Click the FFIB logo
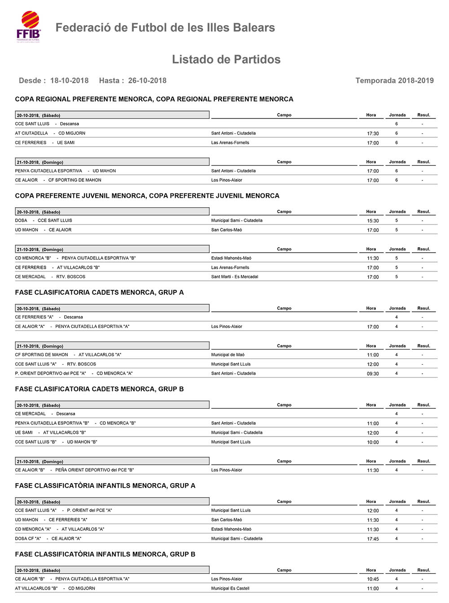(29, 27)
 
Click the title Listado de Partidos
(226, 60)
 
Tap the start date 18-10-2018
(69, 81)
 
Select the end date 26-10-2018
(147, 81)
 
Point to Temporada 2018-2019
(394, 81)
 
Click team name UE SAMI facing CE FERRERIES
(66, 143)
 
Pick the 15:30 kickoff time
(373, 221)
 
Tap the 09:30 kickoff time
(373, 374)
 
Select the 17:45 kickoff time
(373, 539)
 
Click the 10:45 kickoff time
(373, 579)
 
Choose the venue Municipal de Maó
(228, 355)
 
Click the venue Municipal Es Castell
(230, 589)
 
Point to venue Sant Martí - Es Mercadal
(235, 277)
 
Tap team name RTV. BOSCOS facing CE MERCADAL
(71, 277)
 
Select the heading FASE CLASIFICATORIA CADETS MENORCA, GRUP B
(99, 389)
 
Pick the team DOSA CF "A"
(28, 539)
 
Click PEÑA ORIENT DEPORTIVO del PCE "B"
(95, 470)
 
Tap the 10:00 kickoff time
(373, 442)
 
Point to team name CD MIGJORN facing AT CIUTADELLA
(72, 133)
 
